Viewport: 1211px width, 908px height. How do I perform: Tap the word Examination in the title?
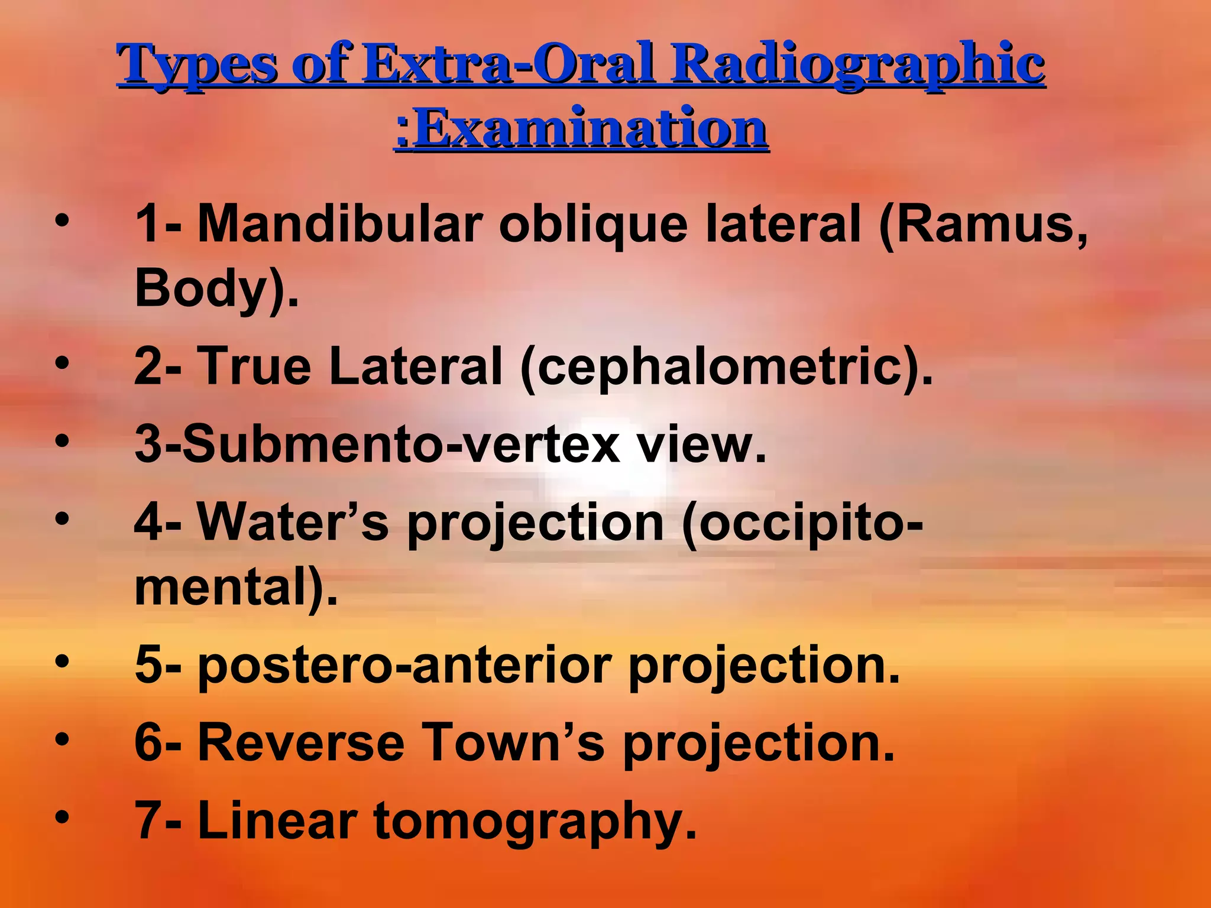click(x=589, y=129)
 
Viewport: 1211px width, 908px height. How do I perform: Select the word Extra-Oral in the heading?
click(x=509, y=64)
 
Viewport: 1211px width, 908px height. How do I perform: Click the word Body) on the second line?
click(x=216, y=288)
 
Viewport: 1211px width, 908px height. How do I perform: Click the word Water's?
click(x=292, y=523)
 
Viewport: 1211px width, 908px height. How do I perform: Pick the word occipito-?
click(x=802, y=523)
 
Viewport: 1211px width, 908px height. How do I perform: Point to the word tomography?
click(x=535, y=822)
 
